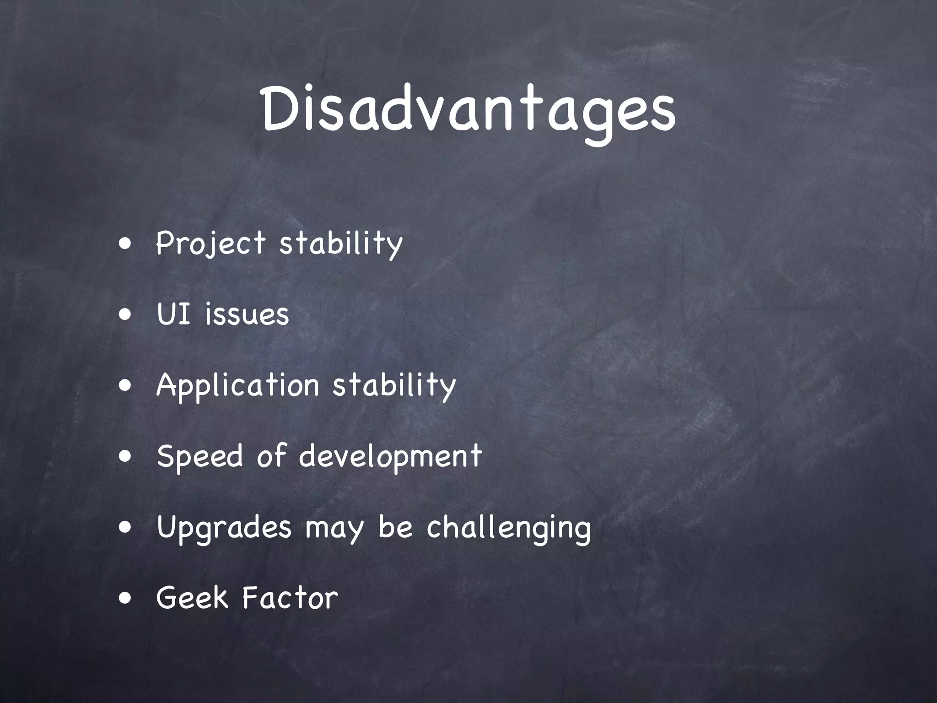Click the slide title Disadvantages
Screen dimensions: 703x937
point(468,111)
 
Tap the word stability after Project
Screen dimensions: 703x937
point(341,243)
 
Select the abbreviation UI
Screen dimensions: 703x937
point(173,314)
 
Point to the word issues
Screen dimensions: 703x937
point(247,314)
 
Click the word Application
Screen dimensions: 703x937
point(237,385)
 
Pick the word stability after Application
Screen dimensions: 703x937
point(394,385)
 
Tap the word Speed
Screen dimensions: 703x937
point(199,456)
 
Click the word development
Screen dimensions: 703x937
point(390,456)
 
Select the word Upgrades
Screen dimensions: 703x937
point(224,528)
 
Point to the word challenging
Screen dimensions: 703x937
point(508,528)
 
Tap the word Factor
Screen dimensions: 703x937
point(290,598)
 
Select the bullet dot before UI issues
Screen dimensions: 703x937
point(125,315)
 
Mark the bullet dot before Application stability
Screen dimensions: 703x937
point(125,386)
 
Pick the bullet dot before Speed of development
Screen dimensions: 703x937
point(125,457)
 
